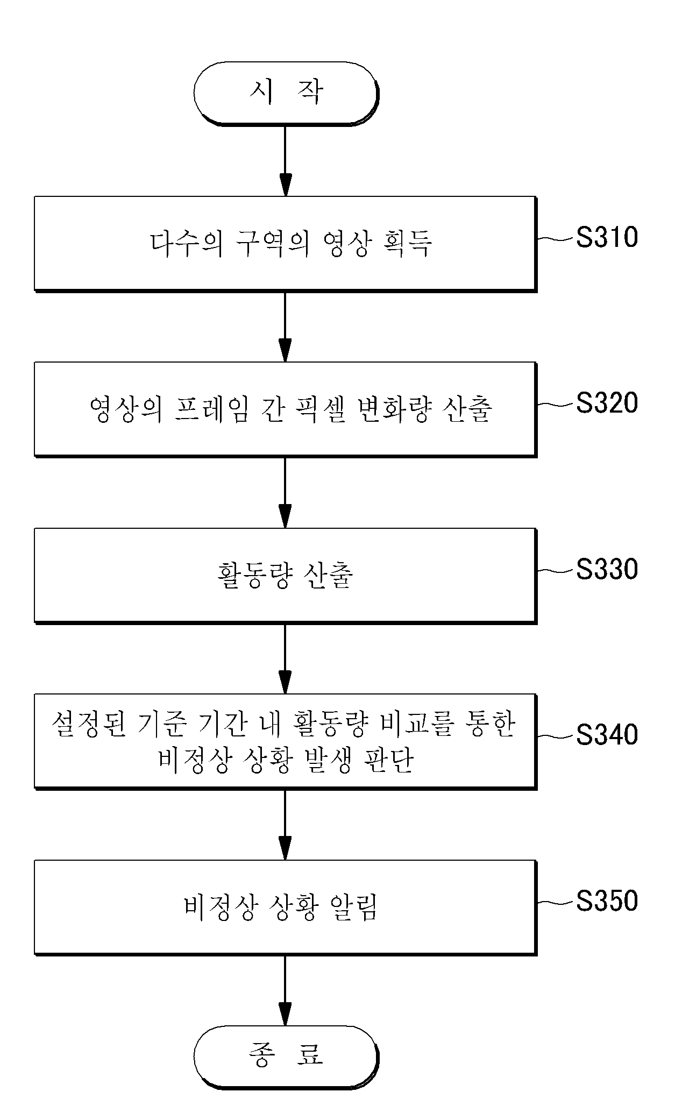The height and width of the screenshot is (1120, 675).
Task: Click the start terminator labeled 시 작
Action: click(286, 94)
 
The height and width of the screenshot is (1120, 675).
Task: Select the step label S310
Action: click(607, 237)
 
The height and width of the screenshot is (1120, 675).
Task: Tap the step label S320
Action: click(607, 403)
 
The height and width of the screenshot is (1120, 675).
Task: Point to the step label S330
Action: click(607, 569)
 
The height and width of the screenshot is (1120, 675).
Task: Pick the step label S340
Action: click(607, 735)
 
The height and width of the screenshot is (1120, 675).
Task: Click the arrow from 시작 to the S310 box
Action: click(286, 161)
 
